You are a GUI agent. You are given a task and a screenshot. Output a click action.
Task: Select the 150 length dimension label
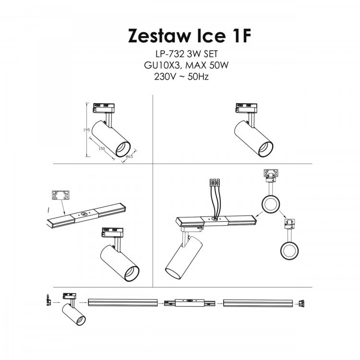tap(101, 149)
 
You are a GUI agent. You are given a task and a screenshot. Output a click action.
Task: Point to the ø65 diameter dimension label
tap(129, 157)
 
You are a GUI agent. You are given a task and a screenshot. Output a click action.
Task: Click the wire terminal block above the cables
tap(214, 182)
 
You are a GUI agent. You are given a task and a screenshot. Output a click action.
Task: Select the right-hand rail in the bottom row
tap(257, 303)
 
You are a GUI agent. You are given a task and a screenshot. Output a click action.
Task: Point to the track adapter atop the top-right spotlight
tap(245, 108)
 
